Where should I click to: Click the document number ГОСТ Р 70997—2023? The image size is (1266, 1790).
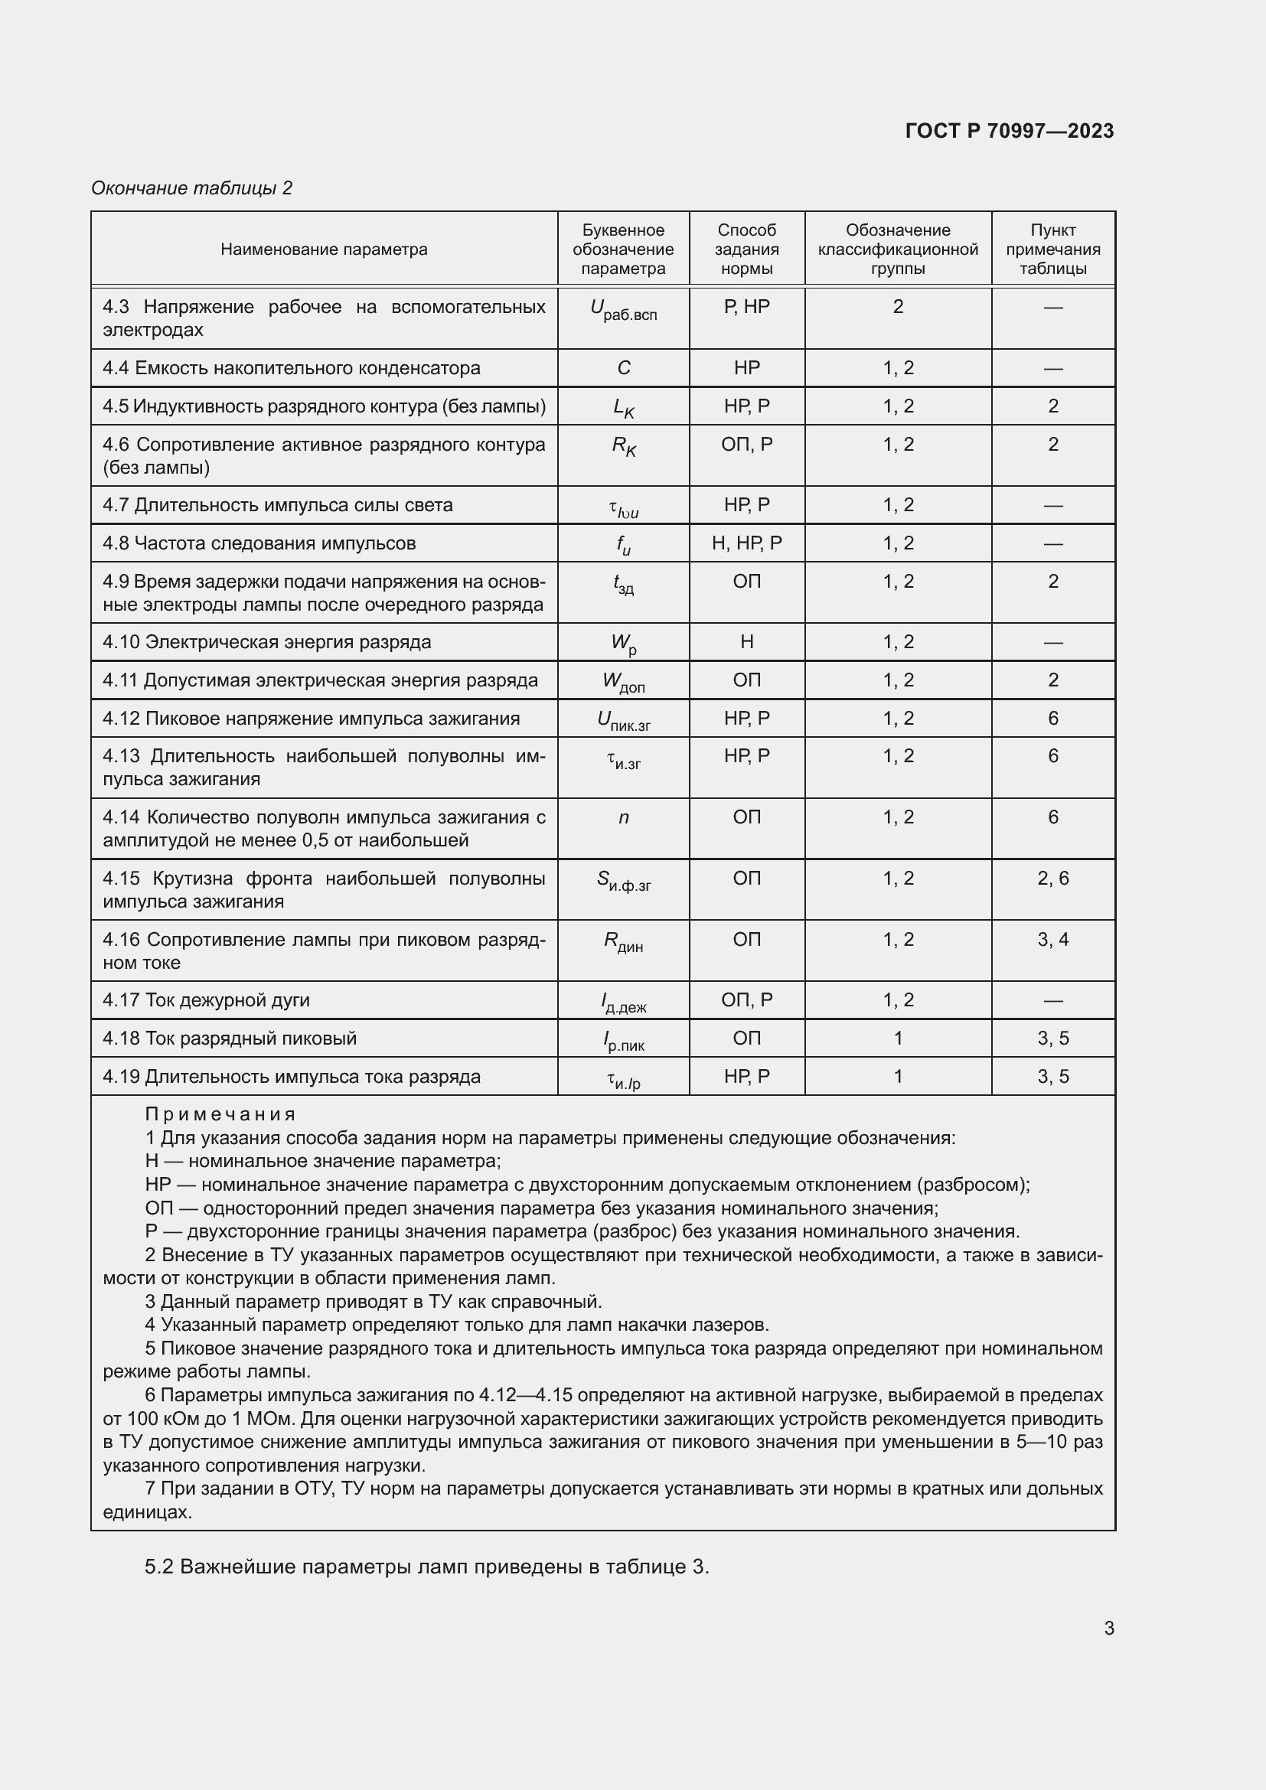(1010, 131)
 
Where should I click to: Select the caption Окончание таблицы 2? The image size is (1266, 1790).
(192, 188)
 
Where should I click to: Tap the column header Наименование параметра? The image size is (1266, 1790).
(324, 249)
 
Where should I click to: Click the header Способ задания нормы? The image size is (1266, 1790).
(746, 249)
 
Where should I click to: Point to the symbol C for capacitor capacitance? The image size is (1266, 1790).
(623, 368)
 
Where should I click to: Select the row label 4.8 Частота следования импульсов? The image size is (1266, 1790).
(259, 543)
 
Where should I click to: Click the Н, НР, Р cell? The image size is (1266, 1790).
(746, 543)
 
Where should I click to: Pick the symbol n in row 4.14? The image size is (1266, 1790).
(623, 817)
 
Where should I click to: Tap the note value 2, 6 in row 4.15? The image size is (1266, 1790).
(1052, 879)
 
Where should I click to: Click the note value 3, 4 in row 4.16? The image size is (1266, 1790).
(1052, 940)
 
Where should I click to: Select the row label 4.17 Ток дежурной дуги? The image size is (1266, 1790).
(207, 1000)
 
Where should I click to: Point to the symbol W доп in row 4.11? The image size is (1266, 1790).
(623, 682)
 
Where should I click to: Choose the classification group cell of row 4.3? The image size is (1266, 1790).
(897, 307)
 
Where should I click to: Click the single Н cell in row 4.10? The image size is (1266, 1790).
(746, 642)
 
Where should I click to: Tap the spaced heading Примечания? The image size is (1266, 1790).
(220, 1115)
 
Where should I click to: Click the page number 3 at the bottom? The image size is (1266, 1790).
(1108, 1629)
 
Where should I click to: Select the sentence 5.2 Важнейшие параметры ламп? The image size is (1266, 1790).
(426, 1567)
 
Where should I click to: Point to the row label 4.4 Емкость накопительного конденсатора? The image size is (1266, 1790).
(292, 368)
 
